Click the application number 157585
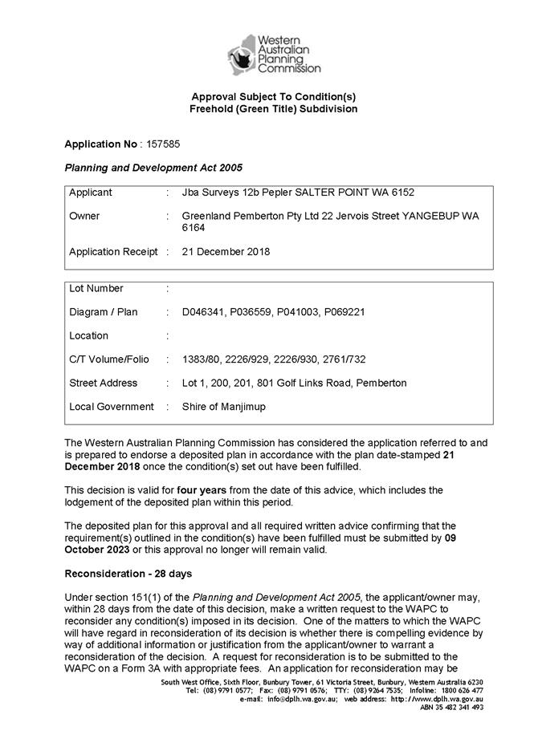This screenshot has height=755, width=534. [163, 144]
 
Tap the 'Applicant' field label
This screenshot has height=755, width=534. [91, 193]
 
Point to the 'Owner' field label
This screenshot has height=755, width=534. [84, 216]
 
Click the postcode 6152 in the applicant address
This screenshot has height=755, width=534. [402, 193]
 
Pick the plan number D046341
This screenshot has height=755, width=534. [204, 312]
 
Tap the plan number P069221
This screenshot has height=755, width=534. [344, 312]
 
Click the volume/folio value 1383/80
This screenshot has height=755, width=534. [202, 359]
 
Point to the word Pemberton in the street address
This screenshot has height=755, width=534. [380, 383]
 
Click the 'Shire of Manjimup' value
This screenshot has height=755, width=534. [223, 407]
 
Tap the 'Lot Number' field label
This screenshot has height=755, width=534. [96, 288]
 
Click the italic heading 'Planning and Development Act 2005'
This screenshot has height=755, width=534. [153, 168]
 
